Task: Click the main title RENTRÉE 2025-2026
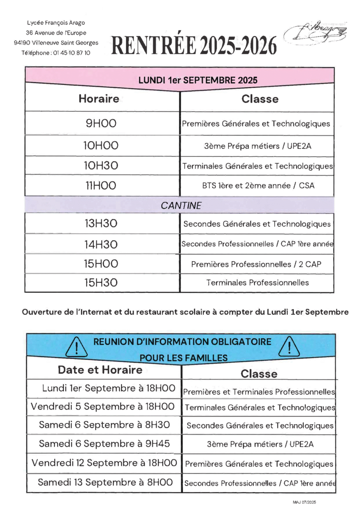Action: tap(194, 46)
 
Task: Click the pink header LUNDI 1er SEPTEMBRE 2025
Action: tap(198, 80)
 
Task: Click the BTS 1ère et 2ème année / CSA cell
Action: tap(257, 185)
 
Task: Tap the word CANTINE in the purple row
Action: tap(181, 206)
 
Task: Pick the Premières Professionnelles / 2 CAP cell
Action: tap(257, 264)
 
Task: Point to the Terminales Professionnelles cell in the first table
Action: tap(257, 282)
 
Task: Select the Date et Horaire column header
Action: tap(100, 370)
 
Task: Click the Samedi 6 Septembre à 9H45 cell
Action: tap(104, 443)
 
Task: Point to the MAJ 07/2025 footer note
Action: tap(304, 502)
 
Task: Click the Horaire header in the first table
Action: tap(98, 99)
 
